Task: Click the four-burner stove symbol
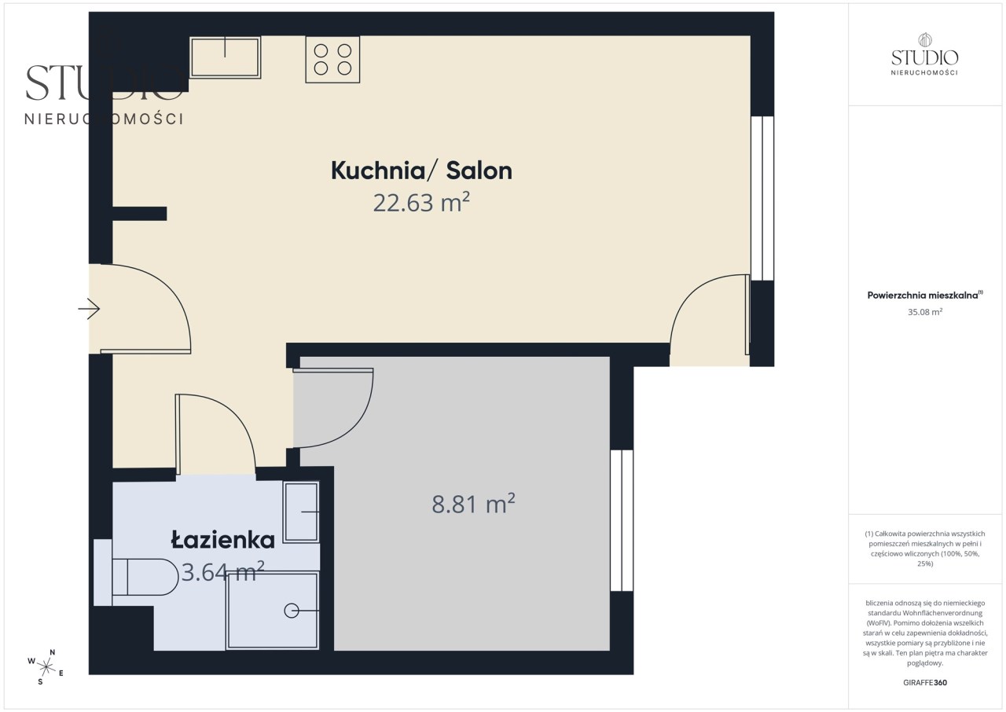332,59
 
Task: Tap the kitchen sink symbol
225,57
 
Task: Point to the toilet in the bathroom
136,577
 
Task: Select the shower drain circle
292,611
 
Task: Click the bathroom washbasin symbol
301,512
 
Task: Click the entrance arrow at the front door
89,309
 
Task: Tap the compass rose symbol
46,667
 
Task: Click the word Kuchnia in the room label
378,171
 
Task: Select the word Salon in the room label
479,171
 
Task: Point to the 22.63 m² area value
421,203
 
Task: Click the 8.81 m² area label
473,504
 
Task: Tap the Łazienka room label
222,539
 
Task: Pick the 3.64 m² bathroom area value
222,572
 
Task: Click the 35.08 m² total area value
925,312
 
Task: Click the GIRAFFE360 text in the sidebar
925,683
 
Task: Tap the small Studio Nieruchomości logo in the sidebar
925,54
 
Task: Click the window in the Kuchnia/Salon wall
762,198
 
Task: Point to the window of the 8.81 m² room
622,520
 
